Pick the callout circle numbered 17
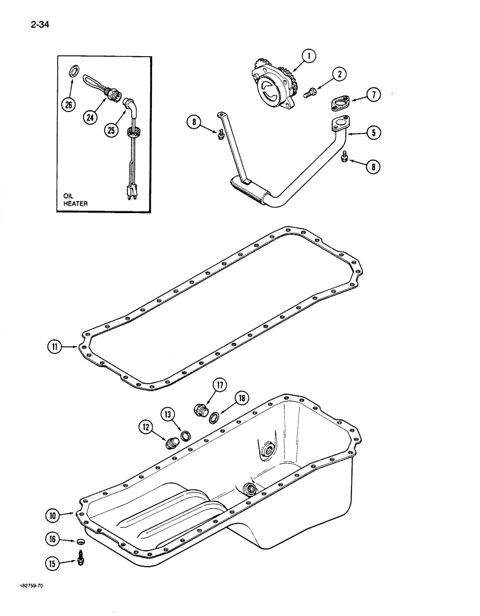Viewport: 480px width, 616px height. pyautogui.click(x=220, y=386)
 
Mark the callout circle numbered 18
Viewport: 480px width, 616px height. pyautogui.click(x=241, y=399)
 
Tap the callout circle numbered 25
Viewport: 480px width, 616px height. pyautogui.click(x=113, y=131)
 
